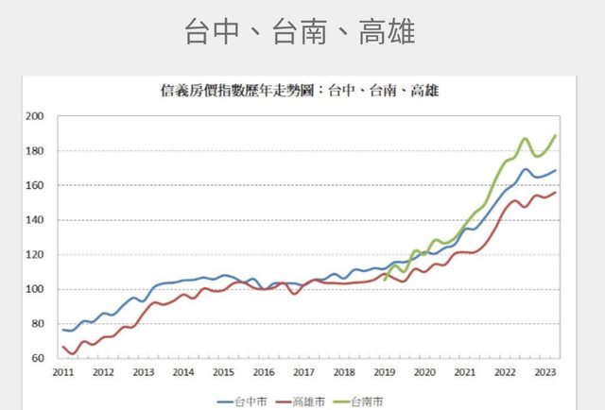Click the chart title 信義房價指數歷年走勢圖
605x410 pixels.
pos(300,93)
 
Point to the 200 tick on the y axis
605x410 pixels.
pos(36,117)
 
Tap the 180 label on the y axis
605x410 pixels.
pos(36,151)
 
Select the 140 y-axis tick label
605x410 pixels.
pos(36,220)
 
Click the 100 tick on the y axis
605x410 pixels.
pos(36,289)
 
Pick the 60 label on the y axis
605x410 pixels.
pos(39,358)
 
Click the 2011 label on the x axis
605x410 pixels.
pos(62,372)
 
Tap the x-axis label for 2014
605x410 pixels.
pos(182,372)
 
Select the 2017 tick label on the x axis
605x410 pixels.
pos(303,372)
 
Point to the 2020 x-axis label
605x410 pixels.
pos(423,372)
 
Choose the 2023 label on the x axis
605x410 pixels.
pos(544,372)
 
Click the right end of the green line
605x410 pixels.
pos(556,136)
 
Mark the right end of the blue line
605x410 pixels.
pos(556,171)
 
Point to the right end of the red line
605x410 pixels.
pos(556,193)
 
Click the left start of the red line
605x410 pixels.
pos(63,347)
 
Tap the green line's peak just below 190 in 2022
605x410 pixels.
pos(525,139)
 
